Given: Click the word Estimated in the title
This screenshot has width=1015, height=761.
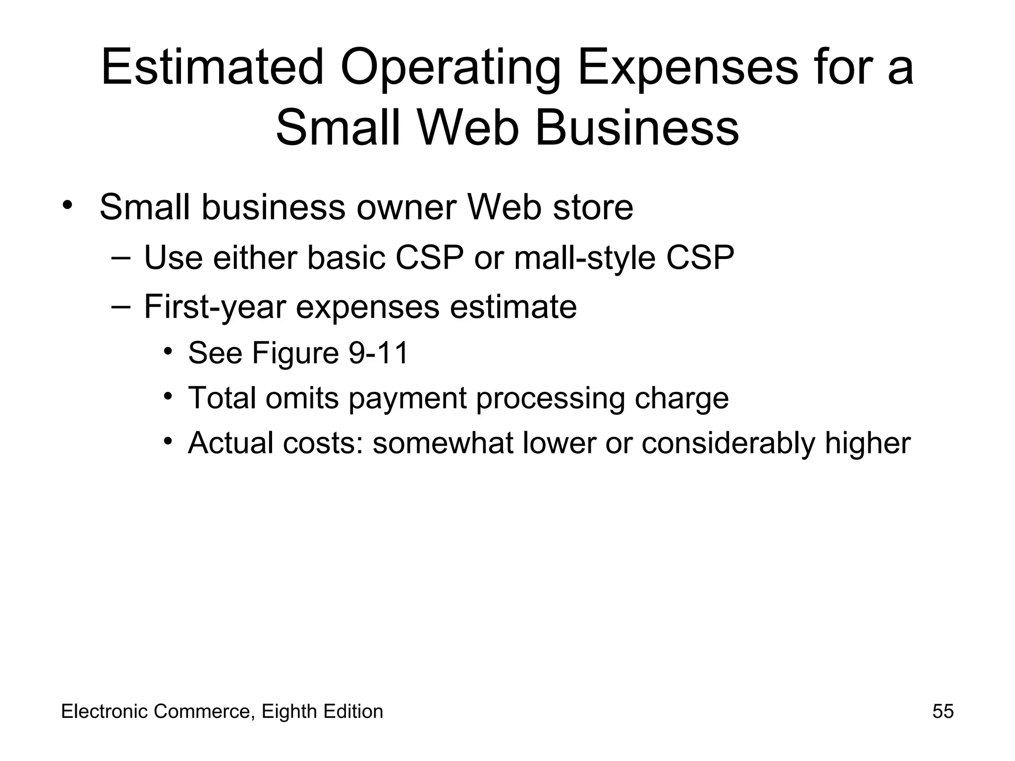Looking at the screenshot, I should (212, 66).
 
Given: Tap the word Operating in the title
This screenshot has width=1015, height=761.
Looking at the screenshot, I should (450, 66).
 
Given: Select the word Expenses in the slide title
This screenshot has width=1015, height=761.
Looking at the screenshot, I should (687, 66).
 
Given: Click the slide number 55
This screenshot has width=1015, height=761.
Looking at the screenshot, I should (943, 711).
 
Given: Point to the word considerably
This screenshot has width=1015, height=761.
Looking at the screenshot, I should (728, 443).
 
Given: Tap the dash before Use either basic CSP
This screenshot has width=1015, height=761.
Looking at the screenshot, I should (120, 257).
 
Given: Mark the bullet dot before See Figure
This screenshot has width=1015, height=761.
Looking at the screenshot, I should (168, 351).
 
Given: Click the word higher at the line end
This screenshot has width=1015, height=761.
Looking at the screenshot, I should (867, 443).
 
